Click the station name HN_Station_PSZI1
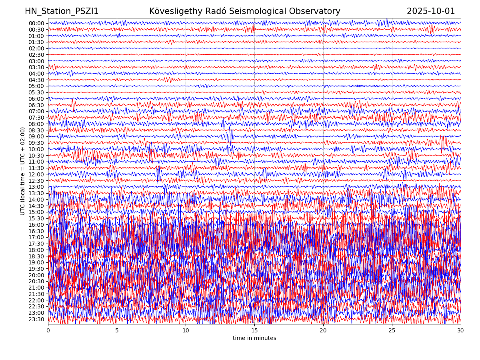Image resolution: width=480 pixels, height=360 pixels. point(62,12)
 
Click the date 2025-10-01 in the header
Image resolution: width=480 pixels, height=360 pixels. point(431,12)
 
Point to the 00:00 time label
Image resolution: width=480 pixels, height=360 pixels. point(36,23)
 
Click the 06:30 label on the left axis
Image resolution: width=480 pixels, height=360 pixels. point(36,105)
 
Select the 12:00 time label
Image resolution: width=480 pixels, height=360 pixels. point(36,174)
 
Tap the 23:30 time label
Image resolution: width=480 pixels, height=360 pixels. point(36,319)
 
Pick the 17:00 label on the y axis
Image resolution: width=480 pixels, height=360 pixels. point(36,237)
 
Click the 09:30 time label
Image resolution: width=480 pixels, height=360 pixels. point(36,143)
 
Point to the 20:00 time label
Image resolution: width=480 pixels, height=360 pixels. point(36,275)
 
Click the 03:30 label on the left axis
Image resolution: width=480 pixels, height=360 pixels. point(36,67)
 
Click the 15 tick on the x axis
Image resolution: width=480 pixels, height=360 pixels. point(254,331)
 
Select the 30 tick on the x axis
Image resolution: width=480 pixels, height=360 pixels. point(461,331)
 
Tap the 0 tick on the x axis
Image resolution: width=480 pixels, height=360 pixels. point(48,331)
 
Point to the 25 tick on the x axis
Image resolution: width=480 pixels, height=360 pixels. point(392,331)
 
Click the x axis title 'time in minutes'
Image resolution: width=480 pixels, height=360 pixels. point(254,338)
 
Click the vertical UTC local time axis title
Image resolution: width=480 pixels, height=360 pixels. point(23,171)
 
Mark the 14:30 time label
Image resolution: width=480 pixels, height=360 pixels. point(36,206)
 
